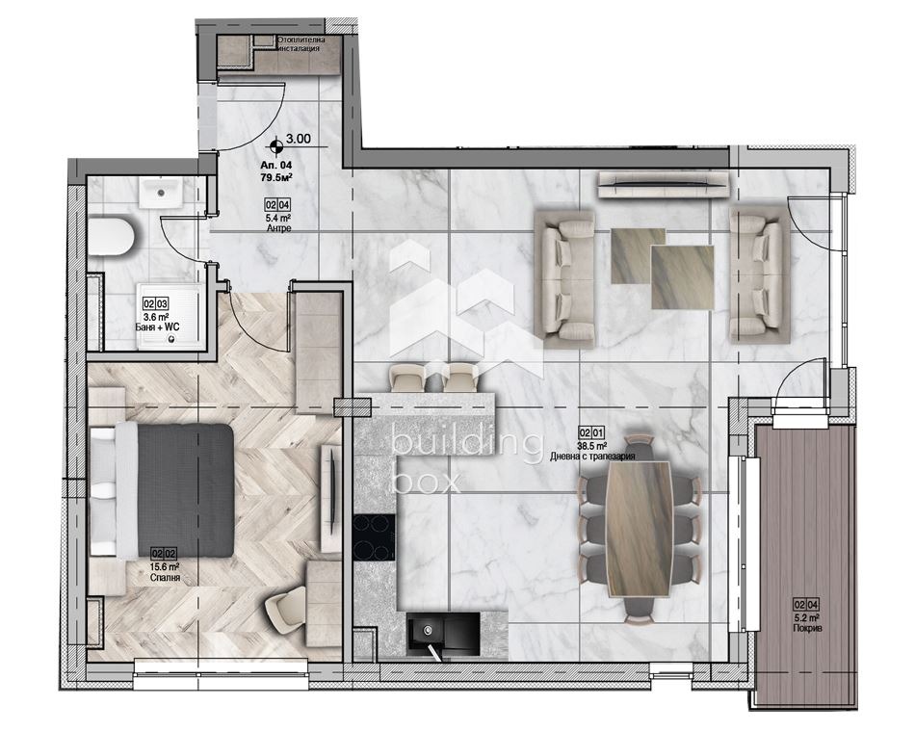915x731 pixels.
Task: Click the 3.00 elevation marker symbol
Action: (x=277, y=146)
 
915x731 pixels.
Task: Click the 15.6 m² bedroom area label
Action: (x=164, y=567)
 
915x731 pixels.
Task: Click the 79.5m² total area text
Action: (x=276, y=176)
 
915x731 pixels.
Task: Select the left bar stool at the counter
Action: (x=405, y=379)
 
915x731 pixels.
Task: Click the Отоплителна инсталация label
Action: (x=301, y=43)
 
